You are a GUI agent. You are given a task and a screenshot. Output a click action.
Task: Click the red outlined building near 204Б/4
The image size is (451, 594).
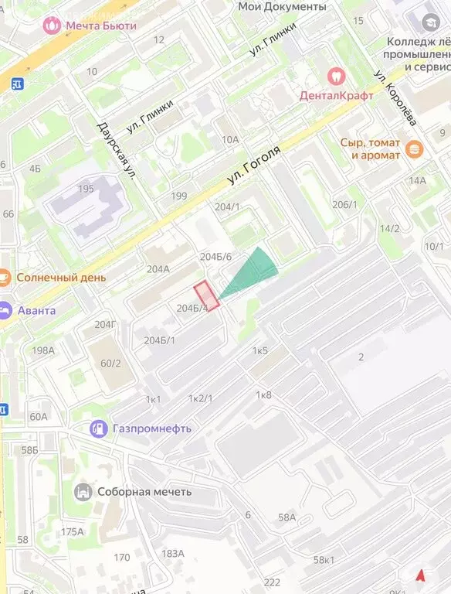[x=206, y=295]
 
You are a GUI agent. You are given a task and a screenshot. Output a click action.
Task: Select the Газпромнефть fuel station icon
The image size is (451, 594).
[x=99, y=428]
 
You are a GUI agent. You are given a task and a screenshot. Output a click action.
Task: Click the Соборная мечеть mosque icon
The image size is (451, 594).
[x=83, y=492]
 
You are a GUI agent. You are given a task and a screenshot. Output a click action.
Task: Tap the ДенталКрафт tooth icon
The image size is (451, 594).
[x=336, y=76]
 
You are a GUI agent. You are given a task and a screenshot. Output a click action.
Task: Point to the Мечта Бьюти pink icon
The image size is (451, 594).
[x=52, y=25]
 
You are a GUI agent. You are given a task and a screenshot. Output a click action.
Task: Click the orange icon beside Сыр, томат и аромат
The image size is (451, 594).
[x=414, y=148]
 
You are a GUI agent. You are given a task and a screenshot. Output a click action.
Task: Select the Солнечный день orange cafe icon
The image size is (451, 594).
[x=3, y=277]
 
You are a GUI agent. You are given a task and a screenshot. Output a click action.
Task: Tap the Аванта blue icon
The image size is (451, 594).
[x=3, y=310]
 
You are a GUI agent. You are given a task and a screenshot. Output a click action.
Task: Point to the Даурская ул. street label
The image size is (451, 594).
[x=117, y=150]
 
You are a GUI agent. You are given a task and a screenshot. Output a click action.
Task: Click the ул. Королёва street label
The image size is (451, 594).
[x=395, y=99]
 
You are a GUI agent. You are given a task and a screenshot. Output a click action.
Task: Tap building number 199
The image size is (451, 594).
[x=179, y=196]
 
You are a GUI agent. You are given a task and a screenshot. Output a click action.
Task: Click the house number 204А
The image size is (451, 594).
[x=158, y=269]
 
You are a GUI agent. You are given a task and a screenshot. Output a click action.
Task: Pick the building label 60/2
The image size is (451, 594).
[x=111, y=363]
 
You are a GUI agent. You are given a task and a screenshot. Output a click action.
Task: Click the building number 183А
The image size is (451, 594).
[x=173, y=553]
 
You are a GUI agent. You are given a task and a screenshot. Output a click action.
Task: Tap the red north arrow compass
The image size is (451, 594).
[x=421, y=575]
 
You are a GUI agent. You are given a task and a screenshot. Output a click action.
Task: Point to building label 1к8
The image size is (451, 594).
[x=263, y=395]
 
